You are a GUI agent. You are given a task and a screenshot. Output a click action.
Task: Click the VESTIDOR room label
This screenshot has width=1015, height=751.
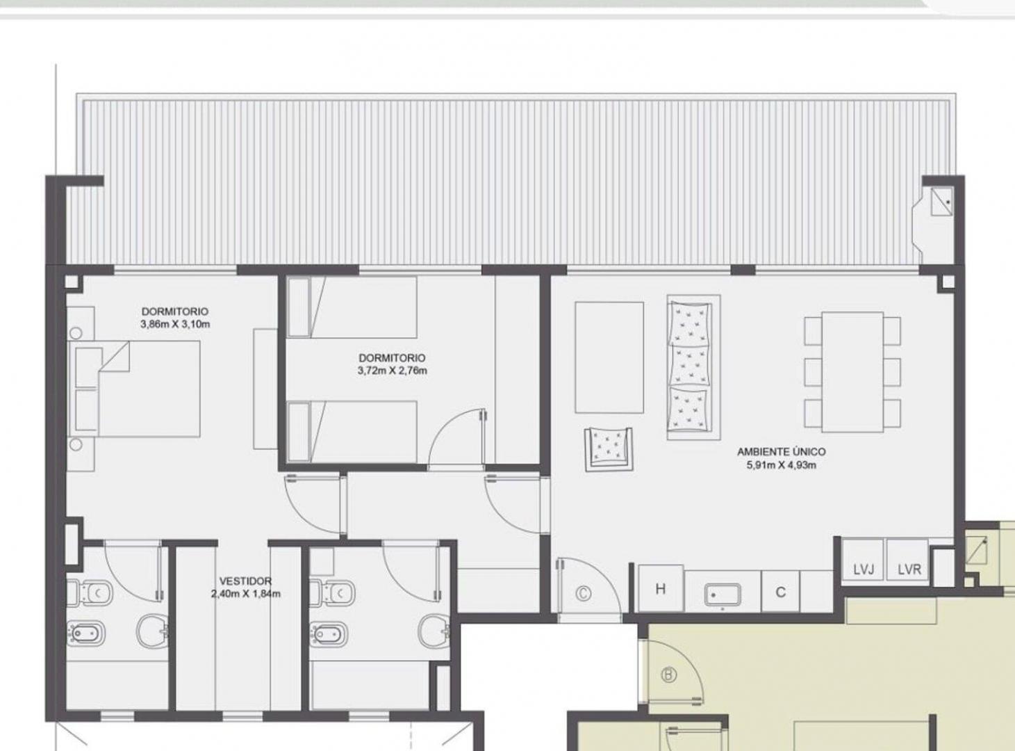pyautogui.click(x=245, y=581)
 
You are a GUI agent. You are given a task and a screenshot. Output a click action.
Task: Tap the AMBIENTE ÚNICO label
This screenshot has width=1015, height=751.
pyautogui.click(x=781, y=452)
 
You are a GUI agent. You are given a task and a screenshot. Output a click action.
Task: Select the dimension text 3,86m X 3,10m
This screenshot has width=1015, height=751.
pyautogui.click(x=175, y=325)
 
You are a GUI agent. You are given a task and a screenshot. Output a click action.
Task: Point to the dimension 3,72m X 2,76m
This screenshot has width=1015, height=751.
pyautogui.click(x=393, y=371)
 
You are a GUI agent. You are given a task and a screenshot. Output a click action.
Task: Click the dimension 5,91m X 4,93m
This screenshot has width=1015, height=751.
pyautogui.click(x=782, y=465)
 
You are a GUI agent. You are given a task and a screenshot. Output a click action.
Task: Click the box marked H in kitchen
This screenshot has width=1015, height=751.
pyautogui.click(x=661, y=588)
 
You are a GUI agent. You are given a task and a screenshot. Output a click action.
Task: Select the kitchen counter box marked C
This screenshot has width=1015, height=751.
pyautogui.click(x=781, y=591)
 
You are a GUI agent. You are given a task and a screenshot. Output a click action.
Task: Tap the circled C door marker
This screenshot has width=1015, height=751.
pyautogui.click(x=583, y=594)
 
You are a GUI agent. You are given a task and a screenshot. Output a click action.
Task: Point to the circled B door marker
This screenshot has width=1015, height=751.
pyautogui.click(x=669, y=675)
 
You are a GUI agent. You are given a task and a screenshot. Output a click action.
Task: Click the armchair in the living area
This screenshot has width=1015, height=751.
pyautogui.click(x=609, y=449)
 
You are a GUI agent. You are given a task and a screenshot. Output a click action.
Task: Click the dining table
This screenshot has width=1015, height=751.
pyautogui.click(x=852, y=371)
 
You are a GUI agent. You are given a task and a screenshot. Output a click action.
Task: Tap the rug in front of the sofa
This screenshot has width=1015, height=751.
pyautogui.click(x=609, y=357)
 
